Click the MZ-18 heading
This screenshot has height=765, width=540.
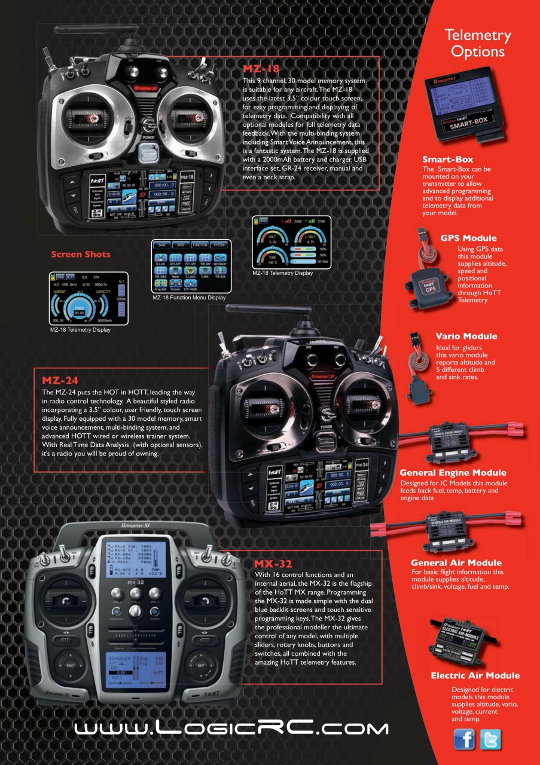261,69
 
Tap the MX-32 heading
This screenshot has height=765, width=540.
273,564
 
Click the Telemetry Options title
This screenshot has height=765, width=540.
477,44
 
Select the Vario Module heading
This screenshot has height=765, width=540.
466,336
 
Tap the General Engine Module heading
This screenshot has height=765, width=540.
453,473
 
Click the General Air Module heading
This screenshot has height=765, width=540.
456,563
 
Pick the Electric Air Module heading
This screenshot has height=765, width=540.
475,676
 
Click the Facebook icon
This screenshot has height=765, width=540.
465,740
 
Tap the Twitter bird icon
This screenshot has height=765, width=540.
490,740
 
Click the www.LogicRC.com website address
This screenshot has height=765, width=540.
231,728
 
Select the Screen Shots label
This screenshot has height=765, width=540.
81,254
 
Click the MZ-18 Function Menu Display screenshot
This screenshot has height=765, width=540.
188,267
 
